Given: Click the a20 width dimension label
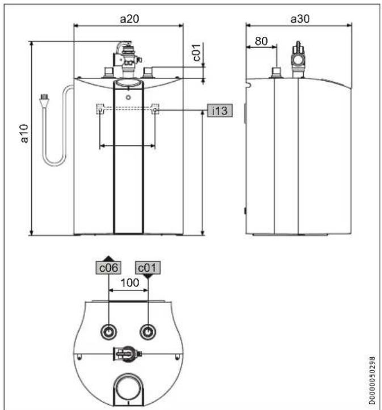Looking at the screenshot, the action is (x=129, y=19).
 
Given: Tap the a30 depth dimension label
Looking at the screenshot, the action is (x=300, y=19).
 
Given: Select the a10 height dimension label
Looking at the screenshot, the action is (x=24, y=133).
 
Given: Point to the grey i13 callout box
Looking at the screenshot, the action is (x=220, y=111).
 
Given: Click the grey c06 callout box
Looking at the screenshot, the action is (x=108, y=268).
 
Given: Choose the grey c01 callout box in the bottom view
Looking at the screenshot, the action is (x=148, y=268).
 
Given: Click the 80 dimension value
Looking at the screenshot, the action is (x=261, y=41).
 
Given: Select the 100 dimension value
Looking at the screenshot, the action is (x=130, y=282).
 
